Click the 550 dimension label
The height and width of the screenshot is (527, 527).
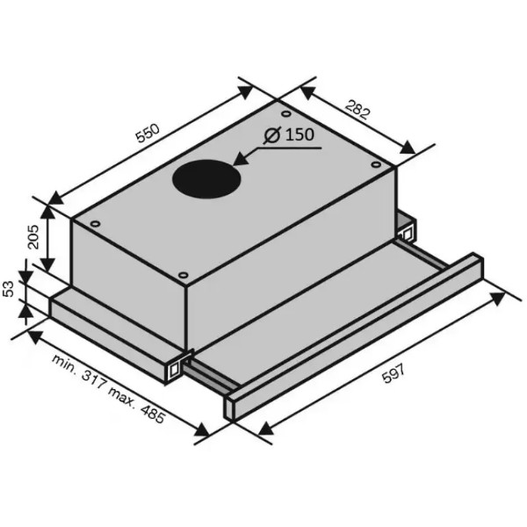click(x=148, y=134)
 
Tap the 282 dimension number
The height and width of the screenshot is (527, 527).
click(x=357, y=109)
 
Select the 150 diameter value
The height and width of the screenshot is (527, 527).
click(x=300, y=134)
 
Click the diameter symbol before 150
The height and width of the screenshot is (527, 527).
click(x=272, y=135)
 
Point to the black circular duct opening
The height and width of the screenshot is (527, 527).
click(x=206, y=179)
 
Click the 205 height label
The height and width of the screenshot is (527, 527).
click(x=33, y=236)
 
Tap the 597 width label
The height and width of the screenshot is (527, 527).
click(x=394, y=374)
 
